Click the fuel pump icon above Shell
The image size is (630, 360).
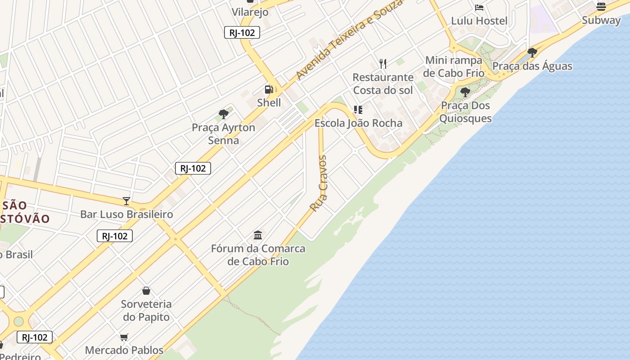pyautogui.click(x=269, y=90)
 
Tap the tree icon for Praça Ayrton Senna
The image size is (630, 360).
pyautogui.click(x=223, y=114)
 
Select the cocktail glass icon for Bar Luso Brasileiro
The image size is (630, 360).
pyautogui.click(x=126, y=201)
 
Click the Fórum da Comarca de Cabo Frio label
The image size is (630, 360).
pyautogui.click(x=258, y=255)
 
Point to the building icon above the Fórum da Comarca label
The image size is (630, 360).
pyautogui.click(x=258, y=235)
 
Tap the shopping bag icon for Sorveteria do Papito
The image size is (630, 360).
pyautogui.click(x=146, y=291)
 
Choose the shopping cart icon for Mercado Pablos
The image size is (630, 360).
pyautogui.click(x=124, y=337)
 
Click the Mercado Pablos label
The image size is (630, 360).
pyautogui.click(x=124, y=350)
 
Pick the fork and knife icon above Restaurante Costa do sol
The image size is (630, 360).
pyautogui.click(x=383, y=64)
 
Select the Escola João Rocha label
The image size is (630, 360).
pyautogui.click(x=358, y=123)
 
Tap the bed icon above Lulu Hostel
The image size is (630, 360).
pyautogui.click(x=479, y=8)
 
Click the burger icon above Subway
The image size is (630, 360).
pyautogui.click(x=601, y=6)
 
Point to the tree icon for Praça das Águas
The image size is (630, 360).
pyautogui.click(x=532, y=53)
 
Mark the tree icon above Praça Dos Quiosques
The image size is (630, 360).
pyautogui.click(x=465, y=93)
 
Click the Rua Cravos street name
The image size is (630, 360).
pyautogui.click(x=319, y=183)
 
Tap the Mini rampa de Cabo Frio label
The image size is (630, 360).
pyautogui.click(x=454, y=67)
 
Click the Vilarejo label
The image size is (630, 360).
pyautogui.click(x=250, y=12)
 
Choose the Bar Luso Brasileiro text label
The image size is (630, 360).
pyautogui.click(x=126, y=214)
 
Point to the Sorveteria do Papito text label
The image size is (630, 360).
pyautogui.click(x=146, y=310)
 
